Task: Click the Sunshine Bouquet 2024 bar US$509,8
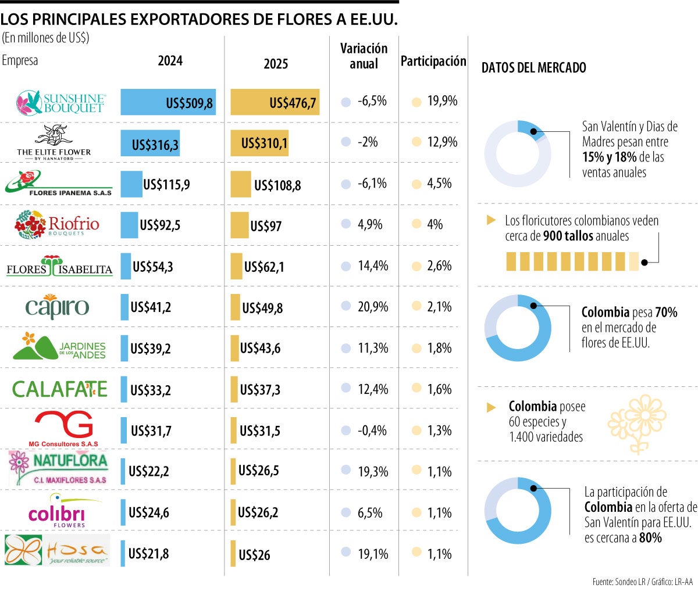coord(168,103)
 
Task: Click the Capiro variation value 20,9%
coord(373,307)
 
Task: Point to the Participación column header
coord(433,61)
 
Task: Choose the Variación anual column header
coord(364,56)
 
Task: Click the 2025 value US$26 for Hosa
coord(254,555)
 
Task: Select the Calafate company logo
coord(60,389)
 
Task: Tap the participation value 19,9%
coord(442,101)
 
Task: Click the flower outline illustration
coord(637,423)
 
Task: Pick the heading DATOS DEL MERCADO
coord(533,68)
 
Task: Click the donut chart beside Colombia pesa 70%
coord(518,328)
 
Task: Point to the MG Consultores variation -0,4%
coord(372,430)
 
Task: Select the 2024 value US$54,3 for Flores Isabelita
coord(153,267)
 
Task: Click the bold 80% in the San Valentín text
coord(650,538)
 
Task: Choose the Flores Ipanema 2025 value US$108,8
coord(277,186)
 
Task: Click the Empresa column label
coord(20,60)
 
